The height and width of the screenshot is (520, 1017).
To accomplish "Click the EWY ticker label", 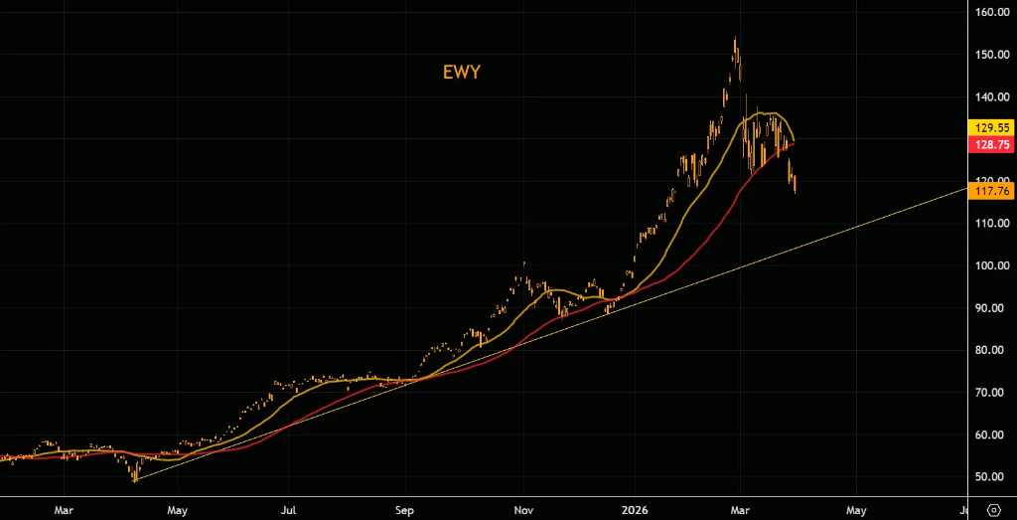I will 462,72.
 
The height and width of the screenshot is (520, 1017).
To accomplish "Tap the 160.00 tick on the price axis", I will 991,13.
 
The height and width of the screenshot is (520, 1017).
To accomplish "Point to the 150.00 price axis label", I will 991,55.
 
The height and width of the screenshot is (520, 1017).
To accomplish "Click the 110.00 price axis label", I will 991,224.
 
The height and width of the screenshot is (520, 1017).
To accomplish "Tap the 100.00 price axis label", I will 991,265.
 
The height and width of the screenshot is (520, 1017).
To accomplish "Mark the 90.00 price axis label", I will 991,308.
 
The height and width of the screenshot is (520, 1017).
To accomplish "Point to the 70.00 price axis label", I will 991,393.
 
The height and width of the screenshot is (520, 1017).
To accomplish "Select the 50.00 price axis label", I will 991,477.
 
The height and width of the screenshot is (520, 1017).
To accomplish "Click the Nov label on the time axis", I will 522,509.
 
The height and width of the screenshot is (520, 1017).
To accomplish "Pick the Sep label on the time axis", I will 404,509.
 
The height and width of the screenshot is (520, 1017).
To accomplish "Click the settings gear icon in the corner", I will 992,509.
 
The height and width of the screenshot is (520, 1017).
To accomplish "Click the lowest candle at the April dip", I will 135,476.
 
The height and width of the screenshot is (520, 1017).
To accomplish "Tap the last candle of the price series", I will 795,183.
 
